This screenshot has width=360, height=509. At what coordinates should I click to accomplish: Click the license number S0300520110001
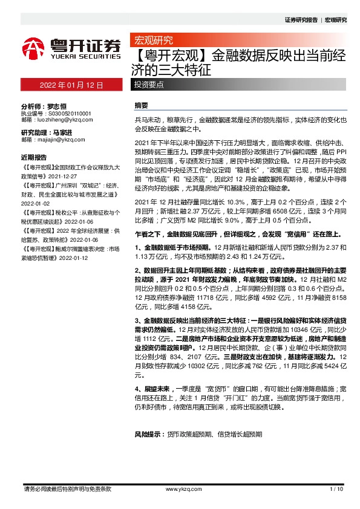65,113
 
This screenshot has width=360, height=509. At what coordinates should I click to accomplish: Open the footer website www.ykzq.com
180,488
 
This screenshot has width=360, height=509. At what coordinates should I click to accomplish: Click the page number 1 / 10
337,488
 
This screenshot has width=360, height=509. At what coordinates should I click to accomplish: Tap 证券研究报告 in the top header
301,20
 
